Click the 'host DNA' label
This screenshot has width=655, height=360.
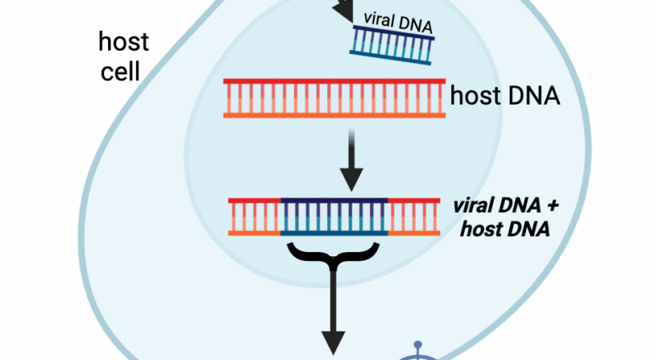point(504,97)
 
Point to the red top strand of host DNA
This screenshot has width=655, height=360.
point(334,83)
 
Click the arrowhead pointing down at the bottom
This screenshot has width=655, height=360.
point(334,344)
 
